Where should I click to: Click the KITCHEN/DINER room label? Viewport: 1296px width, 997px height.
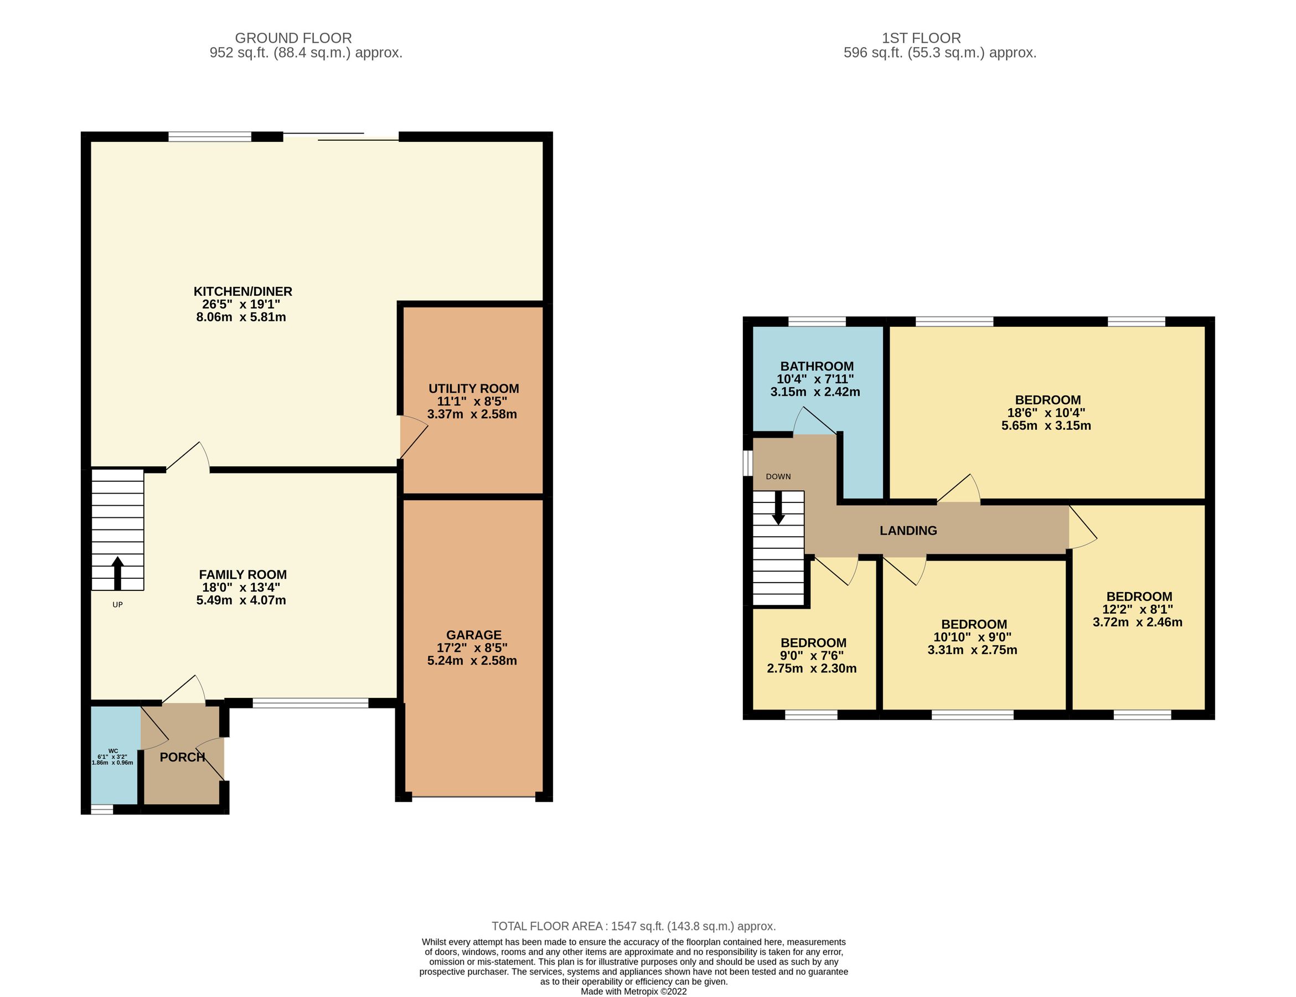(x=242, y=291)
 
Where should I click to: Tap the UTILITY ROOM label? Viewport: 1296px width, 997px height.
(x=473, y=389)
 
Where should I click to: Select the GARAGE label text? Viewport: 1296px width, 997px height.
(x=473, y=635)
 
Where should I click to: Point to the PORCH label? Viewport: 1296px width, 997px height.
(x=182, y=757)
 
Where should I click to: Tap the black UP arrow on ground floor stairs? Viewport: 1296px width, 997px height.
(x=117, y=573)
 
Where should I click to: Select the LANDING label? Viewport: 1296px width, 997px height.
(x=907, y=531)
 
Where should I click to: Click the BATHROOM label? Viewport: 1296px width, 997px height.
(x=817, y=366)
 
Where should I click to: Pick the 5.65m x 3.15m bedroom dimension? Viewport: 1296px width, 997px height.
(x=1046, y=425)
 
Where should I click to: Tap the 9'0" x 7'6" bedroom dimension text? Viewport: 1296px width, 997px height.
(x=812, y=655)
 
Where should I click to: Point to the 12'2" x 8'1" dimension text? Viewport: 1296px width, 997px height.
(x=1137, y=609)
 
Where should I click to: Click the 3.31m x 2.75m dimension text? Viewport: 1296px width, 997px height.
(x=972, y=650)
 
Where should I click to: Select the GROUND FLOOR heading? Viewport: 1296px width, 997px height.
(x=293, y=38)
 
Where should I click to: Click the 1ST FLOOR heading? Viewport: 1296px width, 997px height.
(x=921, y=38)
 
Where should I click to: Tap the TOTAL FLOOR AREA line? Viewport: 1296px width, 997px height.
(x=633, y=926)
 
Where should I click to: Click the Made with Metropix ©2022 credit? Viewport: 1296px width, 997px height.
(x=633, y=991)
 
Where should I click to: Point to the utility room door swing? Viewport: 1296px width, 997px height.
(x=414, y=437)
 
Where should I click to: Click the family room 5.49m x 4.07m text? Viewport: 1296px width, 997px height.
(x=241, y=600)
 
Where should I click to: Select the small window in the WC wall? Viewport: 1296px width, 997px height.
(x=101, y=809)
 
